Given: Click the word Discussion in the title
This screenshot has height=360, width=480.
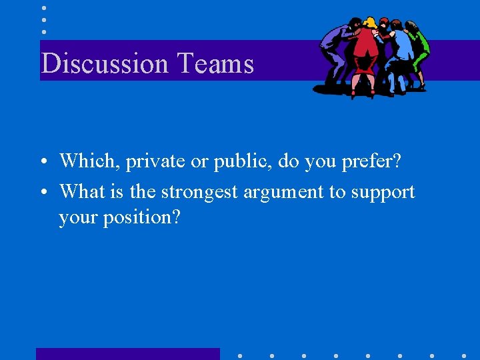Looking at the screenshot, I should click(x=105, y=64).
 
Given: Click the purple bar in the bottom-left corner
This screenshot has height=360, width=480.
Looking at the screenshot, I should click(x=127, y=354).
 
